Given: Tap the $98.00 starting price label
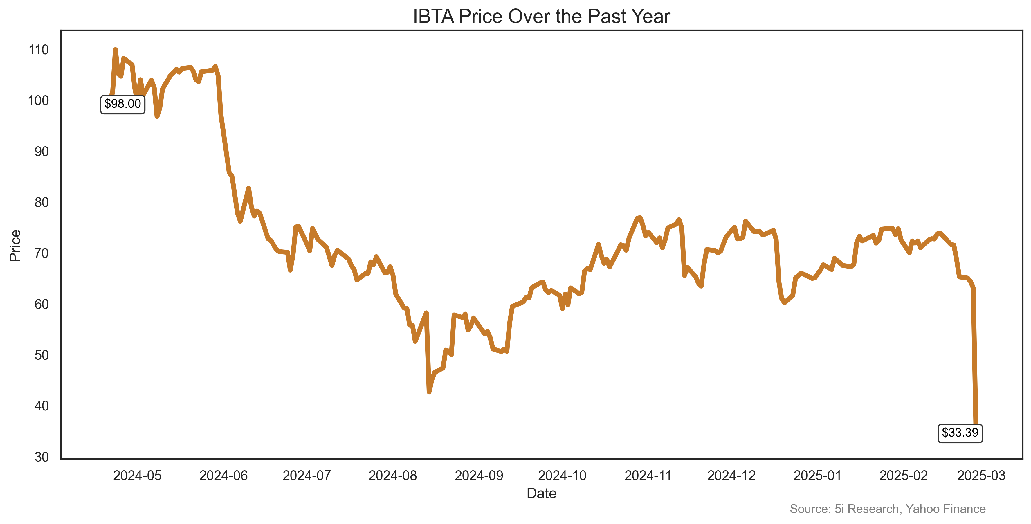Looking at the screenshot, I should click(x=122, y=104).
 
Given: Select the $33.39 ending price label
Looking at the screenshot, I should click(x=960, y=433).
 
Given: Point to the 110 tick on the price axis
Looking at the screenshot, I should click(x=39, y=50).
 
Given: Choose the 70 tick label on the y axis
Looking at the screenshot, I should click(x=42, y=253).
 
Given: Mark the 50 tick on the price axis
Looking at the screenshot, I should click(x=42, y=355).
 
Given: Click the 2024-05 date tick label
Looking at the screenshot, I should click(x=137, y=476).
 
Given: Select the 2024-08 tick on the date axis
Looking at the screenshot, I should click(x=393, y=476).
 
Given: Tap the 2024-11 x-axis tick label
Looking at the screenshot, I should click(x=648, y=476).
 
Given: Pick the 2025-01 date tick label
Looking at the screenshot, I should click(x=817, y=476).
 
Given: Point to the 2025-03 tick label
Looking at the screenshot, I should click(x=981, y=476).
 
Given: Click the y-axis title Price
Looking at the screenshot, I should click(x=15, y=245).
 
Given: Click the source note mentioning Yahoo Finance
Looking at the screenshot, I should click(x=887, y=509).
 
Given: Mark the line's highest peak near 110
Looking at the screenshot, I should click(x=115, y=50).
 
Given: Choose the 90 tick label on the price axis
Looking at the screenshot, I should click(x=42, y=152).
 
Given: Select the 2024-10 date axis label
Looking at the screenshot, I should click(x=562, y=476).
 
